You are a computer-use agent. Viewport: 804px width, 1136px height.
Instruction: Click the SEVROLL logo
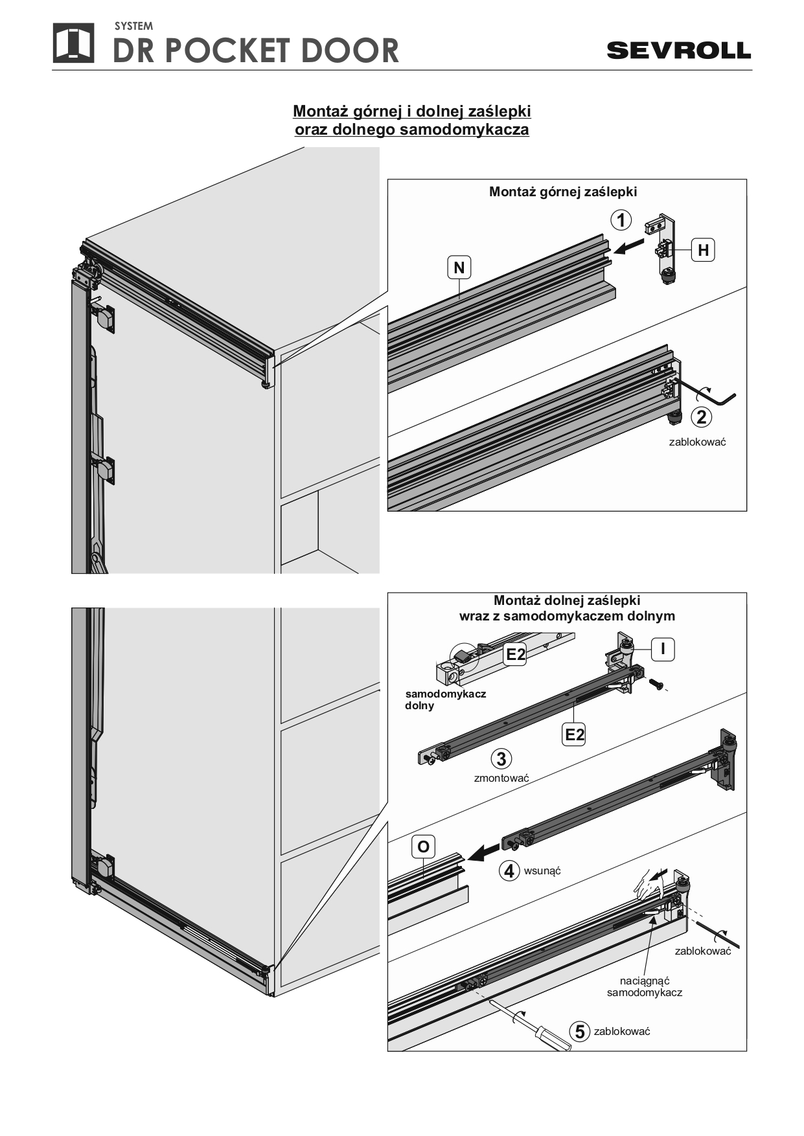point(678,50)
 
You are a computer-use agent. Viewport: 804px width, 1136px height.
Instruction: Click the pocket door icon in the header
point(73,43)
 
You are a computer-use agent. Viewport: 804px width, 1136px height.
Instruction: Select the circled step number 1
point(621,220)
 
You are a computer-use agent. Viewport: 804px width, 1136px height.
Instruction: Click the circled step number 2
point(702,417)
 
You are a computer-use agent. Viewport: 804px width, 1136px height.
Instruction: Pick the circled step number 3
point(501,758)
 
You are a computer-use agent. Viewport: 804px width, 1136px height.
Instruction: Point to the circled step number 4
point(509,871)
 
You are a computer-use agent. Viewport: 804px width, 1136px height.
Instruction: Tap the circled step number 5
point(580,1031)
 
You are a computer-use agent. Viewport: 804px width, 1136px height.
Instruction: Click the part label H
point(703,250)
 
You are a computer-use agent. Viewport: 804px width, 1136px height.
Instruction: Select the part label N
point(459,267)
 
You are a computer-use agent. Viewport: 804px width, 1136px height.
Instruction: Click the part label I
point(663,649)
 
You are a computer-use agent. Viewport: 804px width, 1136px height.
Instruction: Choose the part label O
point(423,846)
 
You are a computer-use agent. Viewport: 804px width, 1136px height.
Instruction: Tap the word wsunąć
point(542,870)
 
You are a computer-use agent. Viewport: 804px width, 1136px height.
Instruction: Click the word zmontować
point(501,778)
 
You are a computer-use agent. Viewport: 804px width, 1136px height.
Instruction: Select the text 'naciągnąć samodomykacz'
point(644,986)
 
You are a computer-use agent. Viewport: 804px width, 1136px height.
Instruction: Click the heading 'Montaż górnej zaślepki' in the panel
point(563,192)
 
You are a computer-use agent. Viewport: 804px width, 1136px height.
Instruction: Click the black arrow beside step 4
point(483,853)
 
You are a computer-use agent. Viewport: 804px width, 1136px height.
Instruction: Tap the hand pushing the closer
point(648,884)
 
